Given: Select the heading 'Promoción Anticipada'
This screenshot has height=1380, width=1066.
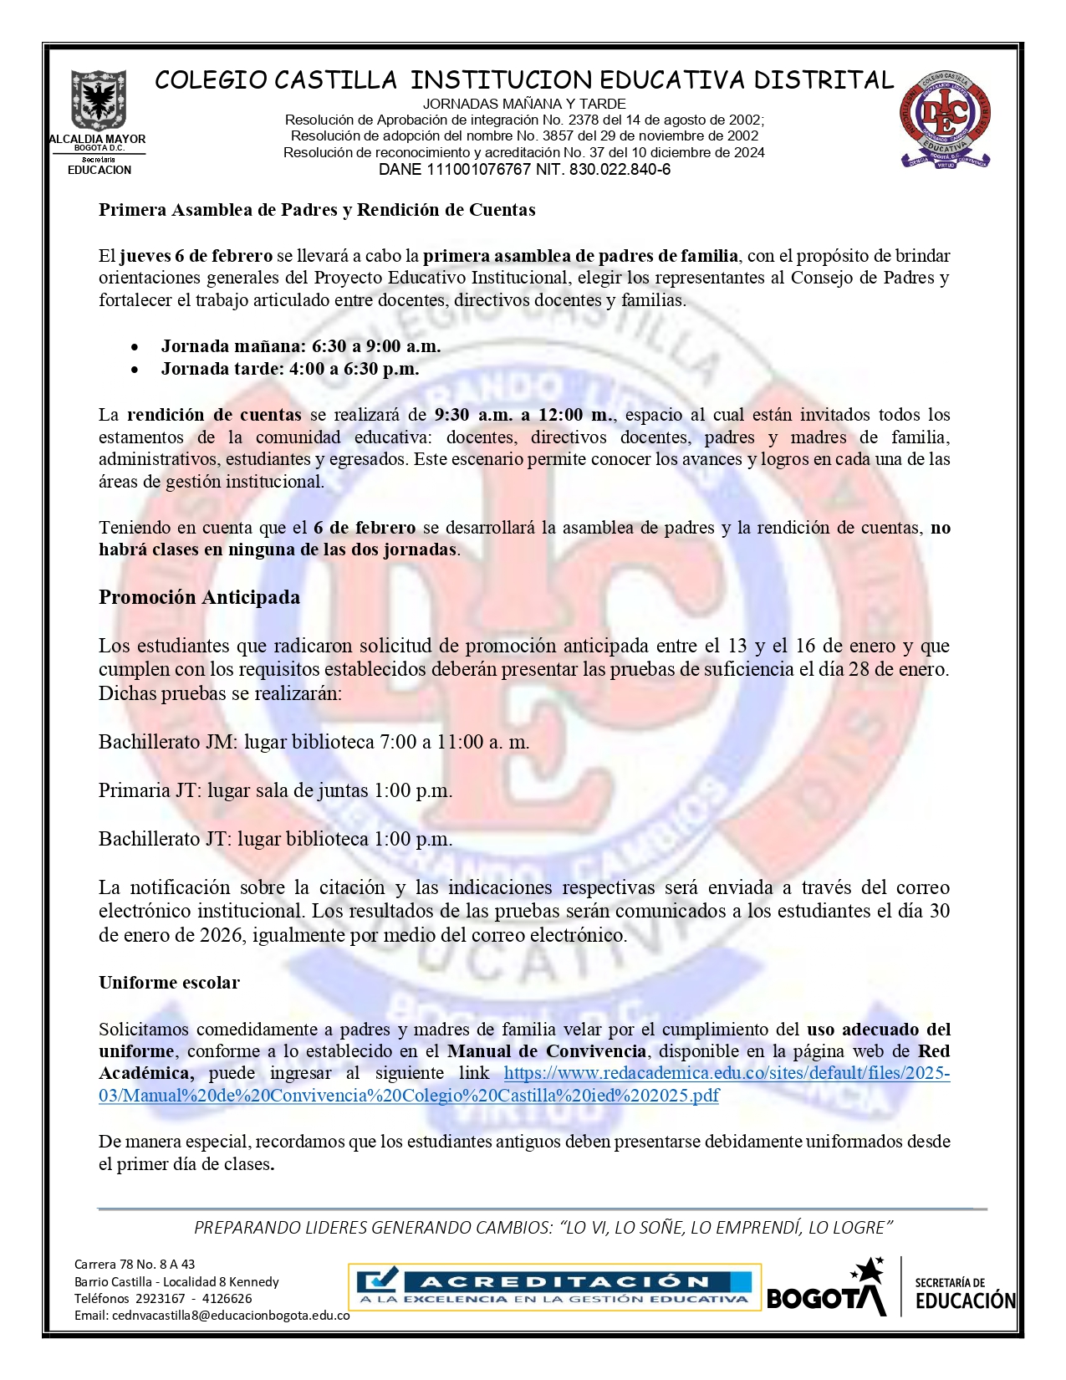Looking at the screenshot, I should pos(199,597).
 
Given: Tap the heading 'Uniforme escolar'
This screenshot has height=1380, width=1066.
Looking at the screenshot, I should pos(169,982).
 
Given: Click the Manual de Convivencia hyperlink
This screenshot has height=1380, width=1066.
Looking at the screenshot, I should pos(524,1084).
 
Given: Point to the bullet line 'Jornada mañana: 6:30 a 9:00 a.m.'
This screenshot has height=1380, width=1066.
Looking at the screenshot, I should pos(300,345).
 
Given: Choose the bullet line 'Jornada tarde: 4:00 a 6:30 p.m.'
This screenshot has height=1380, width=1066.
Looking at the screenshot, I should pos(289,368).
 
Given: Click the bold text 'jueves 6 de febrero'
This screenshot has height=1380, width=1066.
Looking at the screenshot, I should pos(196,255).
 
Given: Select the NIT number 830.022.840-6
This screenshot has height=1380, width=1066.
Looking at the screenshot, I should pos(620,170).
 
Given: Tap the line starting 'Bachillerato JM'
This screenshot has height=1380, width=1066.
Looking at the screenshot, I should pos(314,742).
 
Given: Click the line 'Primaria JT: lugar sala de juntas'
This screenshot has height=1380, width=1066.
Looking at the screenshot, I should pos(275,790).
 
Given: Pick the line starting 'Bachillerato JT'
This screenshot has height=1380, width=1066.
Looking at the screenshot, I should pos(275,839).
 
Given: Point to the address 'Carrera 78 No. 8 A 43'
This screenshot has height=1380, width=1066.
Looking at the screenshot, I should pos(135,1264).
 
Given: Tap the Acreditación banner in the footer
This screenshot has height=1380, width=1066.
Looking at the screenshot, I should pos(553,1287).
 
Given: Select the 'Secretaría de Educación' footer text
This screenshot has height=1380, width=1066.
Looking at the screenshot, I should pos(964,1293).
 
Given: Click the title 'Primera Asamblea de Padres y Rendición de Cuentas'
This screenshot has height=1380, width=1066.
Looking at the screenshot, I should pos(317,209).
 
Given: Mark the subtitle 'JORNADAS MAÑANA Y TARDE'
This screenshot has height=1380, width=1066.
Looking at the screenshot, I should pos(524,104).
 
